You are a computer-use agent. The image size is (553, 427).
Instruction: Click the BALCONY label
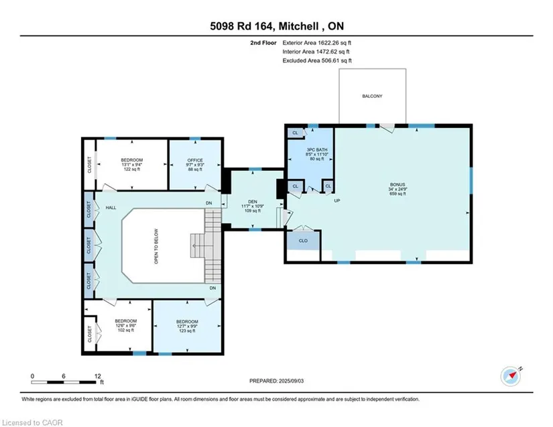point(372,96)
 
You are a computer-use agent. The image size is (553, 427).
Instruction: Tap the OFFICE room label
point(195,160)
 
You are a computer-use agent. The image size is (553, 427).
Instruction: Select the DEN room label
point(253,202)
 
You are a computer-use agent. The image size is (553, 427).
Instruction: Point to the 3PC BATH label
point(316,150)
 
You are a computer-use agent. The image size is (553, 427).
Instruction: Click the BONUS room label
point(397,184)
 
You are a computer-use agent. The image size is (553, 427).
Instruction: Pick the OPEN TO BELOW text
point(156,246)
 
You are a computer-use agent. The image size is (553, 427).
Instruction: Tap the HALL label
point(111,208)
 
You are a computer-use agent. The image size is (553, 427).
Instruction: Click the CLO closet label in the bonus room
point(303,241)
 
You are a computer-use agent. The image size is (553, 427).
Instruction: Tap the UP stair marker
point(336,200)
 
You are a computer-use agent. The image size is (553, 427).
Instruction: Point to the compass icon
point(511,377)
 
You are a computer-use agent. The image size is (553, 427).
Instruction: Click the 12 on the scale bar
point(98,376)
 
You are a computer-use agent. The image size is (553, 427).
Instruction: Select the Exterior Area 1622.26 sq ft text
point(316,43)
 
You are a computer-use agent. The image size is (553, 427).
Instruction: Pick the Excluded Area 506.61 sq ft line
point(317,60)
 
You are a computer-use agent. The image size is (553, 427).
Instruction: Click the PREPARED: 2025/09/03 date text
point(276,381)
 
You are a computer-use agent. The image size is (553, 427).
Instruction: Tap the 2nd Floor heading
point(263,43)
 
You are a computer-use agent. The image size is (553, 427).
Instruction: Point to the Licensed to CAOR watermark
point(32,422)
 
